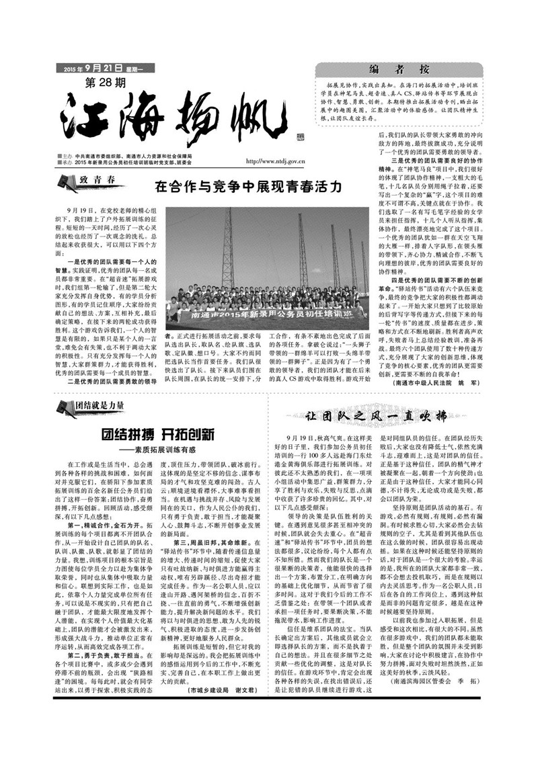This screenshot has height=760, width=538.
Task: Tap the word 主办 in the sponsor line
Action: coord(68,156)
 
